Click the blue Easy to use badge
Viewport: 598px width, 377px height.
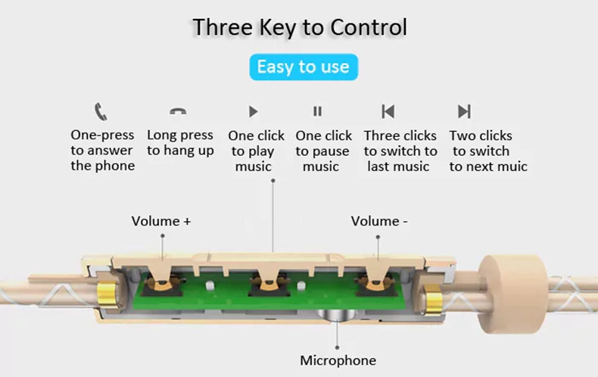[304, 67]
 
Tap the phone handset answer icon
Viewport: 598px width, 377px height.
[101, 111]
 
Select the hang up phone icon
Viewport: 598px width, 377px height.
[178, 111]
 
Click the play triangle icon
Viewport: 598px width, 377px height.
[254, 111]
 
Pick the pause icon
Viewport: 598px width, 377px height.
[317, 111]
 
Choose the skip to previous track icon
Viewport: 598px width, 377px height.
[388, 111]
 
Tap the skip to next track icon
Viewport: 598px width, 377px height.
[464, 111]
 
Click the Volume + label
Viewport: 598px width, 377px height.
[161, 221]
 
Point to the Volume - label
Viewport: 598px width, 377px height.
[379, 221]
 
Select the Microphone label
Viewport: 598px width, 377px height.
[338, 360]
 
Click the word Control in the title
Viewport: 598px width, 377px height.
[369, 27]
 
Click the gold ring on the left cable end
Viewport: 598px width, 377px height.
[107, 294]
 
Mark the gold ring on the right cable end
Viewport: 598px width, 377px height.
[432, 300]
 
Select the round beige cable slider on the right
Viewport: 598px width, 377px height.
[513, 294]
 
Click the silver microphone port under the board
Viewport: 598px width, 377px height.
[337, 316]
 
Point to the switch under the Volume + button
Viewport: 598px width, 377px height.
[163, 287]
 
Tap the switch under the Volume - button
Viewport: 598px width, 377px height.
[376, 287]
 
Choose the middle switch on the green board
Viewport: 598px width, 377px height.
[269, 287]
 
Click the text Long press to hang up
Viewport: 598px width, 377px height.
[180, 143]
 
